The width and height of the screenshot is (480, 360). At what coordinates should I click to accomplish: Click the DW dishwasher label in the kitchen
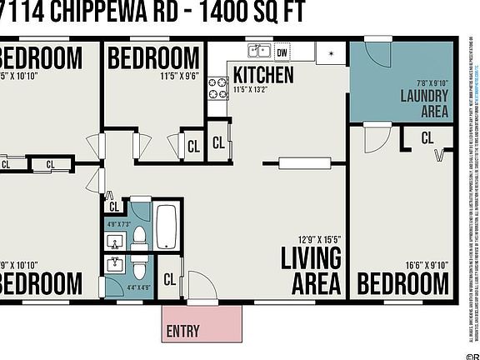[x=282, y=53]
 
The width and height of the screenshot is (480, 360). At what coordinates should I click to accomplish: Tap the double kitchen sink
[x=259, y=52]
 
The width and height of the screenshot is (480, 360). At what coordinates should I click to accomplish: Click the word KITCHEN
[x=263, y=75]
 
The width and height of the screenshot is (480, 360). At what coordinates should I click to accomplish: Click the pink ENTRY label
[x=182, y=330]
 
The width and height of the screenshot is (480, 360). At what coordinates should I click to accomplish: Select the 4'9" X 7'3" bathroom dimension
[x=118, y=223]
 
